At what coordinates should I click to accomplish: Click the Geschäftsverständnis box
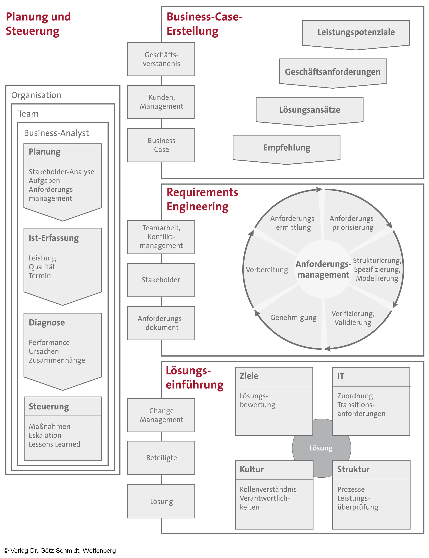pyautogui.click(x=161, y=59)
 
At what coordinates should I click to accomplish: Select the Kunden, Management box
pyautogui.click(x=161, y=102)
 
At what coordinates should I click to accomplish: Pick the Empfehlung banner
pyautogui.click(x=286, y=148)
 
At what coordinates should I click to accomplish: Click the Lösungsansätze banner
pyautogui.click(x=309, y=110)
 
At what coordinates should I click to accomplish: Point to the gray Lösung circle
pyautogui.click(x=321, y=448)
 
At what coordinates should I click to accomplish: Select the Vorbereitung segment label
pyautogui.click(x=267, y=270)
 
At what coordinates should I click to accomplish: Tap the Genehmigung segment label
pyautogui.click(x=293, y=318)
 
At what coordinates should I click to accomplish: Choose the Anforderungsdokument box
pyautogui.click(x=161, y=323)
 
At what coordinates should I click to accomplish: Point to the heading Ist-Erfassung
pyautogui.click(x=54, y=238)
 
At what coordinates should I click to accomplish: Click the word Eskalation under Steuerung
pyautogui.click(x=45, y=435)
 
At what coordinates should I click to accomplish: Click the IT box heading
pyautogui.click(x=341, y=376)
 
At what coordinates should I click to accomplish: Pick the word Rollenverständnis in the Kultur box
pyautogui.click(x=268, y=489)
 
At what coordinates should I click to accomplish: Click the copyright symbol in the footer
pyautogui.click(x=6, y=551)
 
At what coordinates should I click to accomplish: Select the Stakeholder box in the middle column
pyautogui.click(x=161, y=280)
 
